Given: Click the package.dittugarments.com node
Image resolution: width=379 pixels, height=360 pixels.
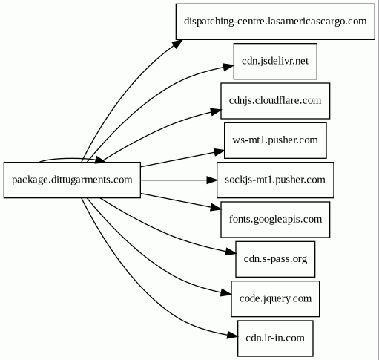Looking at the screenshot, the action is pyautogui.click(x=72, y=180).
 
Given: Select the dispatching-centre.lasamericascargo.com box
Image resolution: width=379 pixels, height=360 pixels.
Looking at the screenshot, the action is pyautogui.click(x=275, y=22).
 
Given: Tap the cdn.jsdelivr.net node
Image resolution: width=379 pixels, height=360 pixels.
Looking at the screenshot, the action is pyautogui.click(x=275, y=61).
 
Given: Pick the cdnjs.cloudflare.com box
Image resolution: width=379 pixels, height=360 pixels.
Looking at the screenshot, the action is pyautogui.click(x=275, y=101).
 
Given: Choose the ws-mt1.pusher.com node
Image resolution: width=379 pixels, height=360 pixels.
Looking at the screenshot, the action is pyautogui.click(x=275, y=140).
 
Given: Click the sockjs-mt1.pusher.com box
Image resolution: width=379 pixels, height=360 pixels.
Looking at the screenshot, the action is pyautogui.click(x=275, y=180).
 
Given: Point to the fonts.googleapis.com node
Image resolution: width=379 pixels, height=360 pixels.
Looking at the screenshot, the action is pyautogui.click(x=275, y=220).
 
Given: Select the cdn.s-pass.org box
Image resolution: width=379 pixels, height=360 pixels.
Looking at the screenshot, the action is pyautogui.click(x=275, y=259).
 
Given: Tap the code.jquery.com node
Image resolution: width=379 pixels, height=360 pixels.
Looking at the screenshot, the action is pyautogui.click(x=275, y=298).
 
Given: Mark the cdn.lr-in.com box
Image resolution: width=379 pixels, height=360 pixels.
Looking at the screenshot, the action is pyautogui.click(x=275, y=338).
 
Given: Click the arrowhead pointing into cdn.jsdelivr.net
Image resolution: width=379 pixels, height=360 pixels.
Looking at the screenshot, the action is pyautogui.click(x=228, y=67).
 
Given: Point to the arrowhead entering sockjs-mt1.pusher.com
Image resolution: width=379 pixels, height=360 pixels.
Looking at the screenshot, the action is pyautogui.click(x=212, y=180).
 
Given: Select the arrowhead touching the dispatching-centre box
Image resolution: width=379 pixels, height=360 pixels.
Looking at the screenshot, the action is pyautogui.click(x=177, y=44).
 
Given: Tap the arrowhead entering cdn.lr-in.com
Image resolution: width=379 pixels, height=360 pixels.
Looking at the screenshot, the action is pyautogui.click(x=232, y=336).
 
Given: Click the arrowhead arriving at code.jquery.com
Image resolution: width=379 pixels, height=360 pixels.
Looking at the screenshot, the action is pyautogui.click(x=226, y=293).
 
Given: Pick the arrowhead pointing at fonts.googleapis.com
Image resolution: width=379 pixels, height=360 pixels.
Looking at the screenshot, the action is pyautogui.click(x=216, y=208).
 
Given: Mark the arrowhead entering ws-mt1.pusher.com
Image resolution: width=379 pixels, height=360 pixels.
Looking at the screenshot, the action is pyautogui.click(x=220, y=151).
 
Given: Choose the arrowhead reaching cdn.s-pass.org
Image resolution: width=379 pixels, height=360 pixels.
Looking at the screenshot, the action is pyautogui.click(x=231, y=252).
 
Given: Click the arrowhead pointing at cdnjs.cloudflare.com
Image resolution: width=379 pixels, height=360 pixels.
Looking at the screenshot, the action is pyautogui.click(x=216, y=112).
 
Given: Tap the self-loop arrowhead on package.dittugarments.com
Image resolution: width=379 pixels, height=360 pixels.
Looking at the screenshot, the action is pyautogui.click(x=100, y=160).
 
